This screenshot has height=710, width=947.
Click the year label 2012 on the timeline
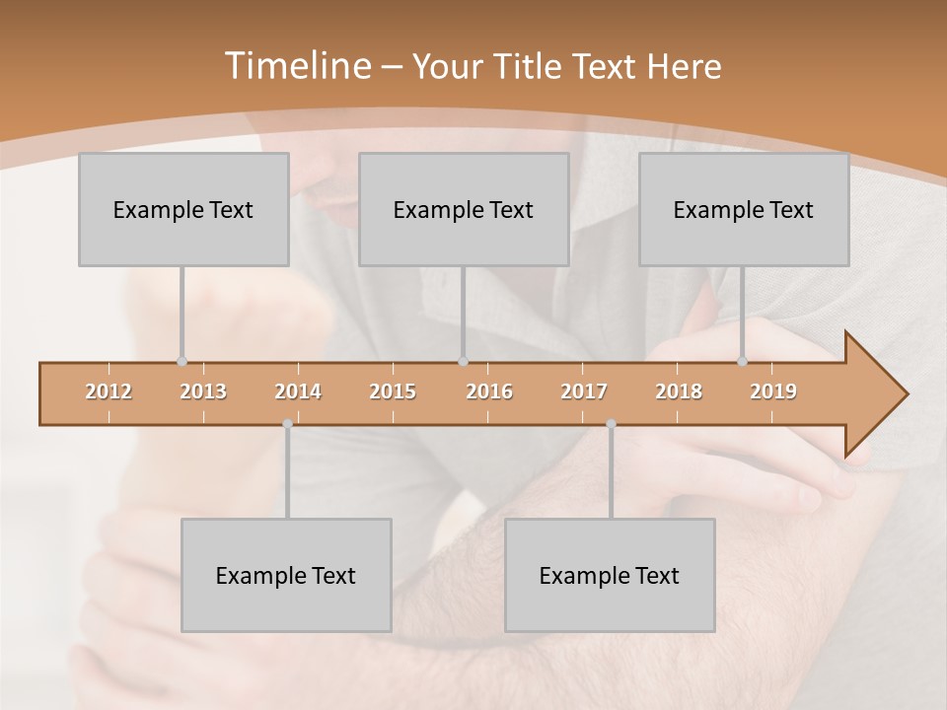(x=109, y=391)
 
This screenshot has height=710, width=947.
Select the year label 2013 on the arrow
(x=203, y=391)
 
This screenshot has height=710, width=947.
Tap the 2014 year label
(x=298, y=391)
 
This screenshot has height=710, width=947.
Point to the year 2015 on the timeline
(x=393, y=391)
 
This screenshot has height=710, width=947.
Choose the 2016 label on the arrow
(x=489, y=391)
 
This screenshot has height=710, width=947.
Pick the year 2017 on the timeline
(x=584, y=391)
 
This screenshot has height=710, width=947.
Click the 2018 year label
(x=679, y=391)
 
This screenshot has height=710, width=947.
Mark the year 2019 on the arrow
(x=773, y=391)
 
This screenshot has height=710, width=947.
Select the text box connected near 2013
(x=183, y=209)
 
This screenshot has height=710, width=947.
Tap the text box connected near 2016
(x=464, y=209)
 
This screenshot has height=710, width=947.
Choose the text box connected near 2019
(x=744, y=209)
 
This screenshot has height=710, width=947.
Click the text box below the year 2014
(x=286, y=575)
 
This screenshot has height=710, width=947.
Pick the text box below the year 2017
(x=610, y=575)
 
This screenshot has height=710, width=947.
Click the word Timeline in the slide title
(x=296, y=66)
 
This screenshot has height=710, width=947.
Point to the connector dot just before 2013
(x=182, y=362)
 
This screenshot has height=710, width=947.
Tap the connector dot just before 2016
(x=463, y=362)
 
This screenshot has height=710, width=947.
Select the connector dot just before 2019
(x=743, y=362)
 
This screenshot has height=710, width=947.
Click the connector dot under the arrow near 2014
(x=287, y=424)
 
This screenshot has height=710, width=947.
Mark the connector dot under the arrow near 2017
(x=611, y=424)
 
